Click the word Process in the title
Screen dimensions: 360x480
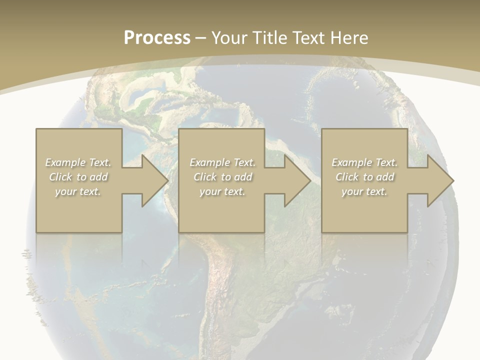point(157,38)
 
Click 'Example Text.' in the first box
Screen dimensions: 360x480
point(78,162)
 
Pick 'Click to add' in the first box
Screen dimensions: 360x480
point(78,177)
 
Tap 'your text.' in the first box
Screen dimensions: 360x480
point(78,191)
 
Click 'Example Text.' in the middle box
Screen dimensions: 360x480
point(222,162)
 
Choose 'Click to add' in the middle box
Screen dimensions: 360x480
point(222,177)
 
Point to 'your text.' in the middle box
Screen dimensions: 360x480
point(222,191)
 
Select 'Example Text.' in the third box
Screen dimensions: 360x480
point(364,162)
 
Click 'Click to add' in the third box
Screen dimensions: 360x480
point(364,177)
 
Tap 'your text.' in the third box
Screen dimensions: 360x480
point(364,191)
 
